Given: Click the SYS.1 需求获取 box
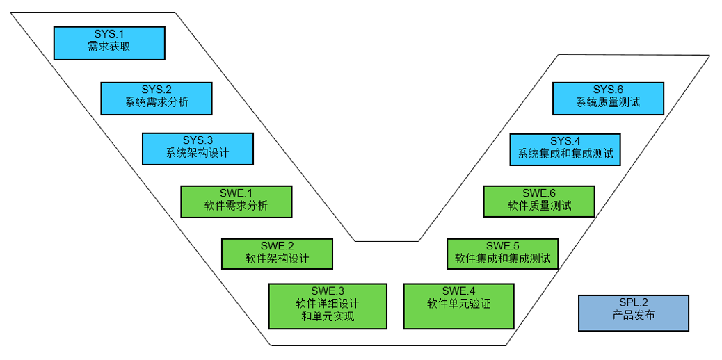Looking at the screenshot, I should [x=109, y=43].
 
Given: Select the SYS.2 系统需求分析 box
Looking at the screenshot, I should [x=156, y=98].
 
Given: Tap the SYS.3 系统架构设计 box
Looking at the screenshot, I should [x=198, y=149].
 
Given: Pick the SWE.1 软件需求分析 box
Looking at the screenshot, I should [x=236, y=202].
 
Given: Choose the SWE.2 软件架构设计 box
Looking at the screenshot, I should [x=277, y=254].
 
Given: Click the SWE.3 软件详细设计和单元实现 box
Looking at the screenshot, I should [x=328, y=306].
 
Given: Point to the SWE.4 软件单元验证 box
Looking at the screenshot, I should [x=459, y=306].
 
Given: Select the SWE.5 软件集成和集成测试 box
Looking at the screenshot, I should [x=502, y=254].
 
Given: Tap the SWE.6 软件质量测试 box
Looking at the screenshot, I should [x=539, y=202].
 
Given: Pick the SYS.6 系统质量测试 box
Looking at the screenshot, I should [x=608, y=98].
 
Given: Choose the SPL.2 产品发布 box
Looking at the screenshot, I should [x=633, y=313].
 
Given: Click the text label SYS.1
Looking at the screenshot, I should [x=109, y=34].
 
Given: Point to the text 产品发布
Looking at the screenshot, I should [x=633, y=318].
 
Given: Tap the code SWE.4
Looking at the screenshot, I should [x=459, y=291].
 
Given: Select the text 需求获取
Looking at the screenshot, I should [x=109, y=47].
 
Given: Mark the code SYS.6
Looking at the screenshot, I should [x=608, y=90].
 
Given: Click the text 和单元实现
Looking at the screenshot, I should [x=328, y=317].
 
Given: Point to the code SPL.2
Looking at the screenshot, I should [x=633, y=302].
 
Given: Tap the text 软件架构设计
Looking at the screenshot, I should [x=277, y=259].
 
